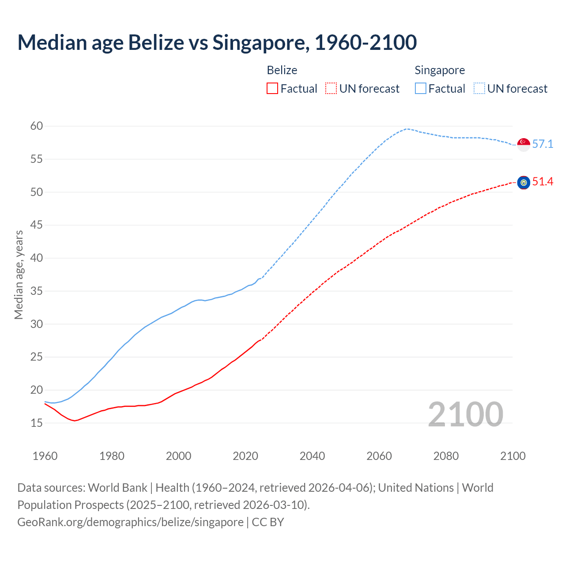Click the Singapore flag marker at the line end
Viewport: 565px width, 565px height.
(524, 144)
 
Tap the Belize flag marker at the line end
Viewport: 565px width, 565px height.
(524, 182)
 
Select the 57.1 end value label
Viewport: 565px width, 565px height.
(542, 144)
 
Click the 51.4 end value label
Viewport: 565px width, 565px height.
(542, 182)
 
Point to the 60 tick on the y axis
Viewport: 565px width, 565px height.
(37, 126)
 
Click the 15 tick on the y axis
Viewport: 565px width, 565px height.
(37, 423)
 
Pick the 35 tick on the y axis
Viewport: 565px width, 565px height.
(37, 291)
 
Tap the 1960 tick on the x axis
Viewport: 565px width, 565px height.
(45, 456)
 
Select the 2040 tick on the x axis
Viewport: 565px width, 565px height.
(312, 456)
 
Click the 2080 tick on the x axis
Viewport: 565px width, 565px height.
(446, 456)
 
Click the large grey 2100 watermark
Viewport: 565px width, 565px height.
(465, 414)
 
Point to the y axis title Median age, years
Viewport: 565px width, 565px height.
(19, 275)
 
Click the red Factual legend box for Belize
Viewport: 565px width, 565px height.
(272, 89)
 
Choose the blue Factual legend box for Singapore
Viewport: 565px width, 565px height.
(421, 89)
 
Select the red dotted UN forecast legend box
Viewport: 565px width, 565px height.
(331, 89)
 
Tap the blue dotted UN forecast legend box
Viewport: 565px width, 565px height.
(479, 89)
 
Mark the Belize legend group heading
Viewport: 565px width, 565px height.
(282, 70)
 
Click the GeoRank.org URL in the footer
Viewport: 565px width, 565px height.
(130, 522)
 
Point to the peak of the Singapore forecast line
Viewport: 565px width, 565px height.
(407, 129)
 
